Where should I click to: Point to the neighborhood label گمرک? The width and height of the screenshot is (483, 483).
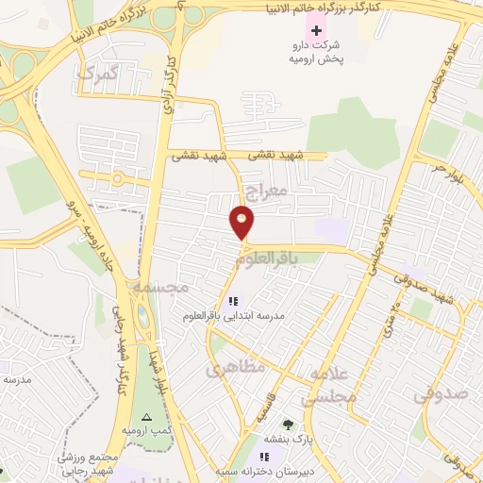pos(98,73)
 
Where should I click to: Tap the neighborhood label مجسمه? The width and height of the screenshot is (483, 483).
pos(160,285)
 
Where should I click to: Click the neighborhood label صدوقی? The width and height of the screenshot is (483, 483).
pos(441,391)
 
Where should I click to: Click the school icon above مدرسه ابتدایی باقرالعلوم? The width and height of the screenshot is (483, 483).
pos(234,301)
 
